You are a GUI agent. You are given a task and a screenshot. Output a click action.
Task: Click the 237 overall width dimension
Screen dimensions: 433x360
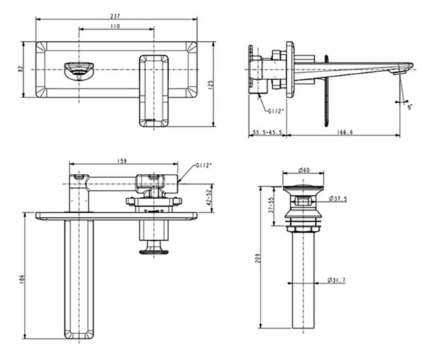(115, 16)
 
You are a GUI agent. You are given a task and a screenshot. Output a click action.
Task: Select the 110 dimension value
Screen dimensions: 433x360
(115, 26)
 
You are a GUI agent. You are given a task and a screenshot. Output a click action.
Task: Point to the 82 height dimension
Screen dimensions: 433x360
(20, 69)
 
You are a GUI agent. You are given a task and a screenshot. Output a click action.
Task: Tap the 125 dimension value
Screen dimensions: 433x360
(211, 84)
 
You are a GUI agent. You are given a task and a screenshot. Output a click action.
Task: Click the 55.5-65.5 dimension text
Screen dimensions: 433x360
(267, 132)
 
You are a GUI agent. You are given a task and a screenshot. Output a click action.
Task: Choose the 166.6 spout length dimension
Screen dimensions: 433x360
(345, 132)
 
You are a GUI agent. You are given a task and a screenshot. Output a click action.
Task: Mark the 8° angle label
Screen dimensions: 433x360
(410, 107)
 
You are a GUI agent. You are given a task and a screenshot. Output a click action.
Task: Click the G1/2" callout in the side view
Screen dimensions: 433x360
(276, 111)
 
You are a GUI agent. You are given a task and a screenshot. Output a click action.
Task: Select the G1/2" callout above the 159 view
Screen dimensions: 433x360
(204, 166)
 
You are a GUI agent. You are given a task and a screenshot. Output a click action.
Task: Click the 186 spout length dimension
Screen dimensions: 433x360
(22, 279)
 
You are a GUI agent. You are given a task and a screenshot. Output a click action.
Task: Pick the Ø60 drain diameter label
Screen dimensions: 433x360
(304, 170)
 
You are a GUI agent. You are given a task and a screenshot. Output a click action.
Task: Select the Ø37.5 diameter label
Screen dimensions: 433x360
(338, 198)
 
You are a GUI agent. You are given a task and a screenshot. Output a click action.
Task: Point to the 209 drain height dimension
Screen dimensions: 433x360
(258, 258)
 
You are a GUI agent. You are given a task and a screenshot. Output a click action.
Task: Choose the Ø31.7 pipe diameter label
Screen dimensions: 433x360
(336, 280)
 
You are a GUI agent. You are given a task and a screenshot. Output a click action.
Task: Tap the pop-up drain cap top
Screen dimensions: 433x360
(303, 189)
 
